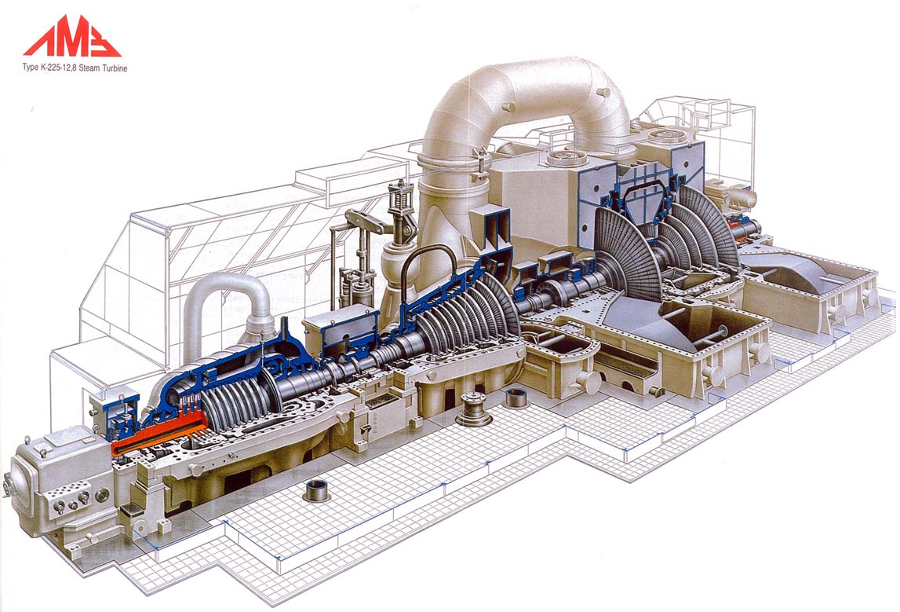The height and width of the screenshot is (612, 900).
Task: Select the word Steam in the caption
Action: [x=89, y=68]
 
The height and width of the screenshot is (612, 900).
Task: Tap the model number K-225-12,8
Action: [x=59, y=68]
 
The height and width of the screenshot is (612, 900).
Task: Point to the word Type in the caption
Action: [x=31, y=68]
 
